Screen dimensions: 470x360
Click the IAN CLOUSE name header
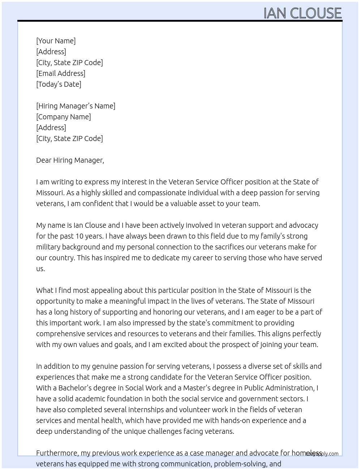click(x=303, y=13)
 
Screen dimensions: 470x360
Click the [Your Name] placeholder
click(x=56, y=41)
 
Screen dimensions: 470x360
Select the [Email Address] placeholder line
click(x=61, y=73)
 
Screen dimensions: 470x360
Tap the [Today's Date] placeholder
click(x=59, y=84)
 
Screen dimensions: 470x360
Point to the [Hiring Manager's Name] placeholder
click(x=76, y=106)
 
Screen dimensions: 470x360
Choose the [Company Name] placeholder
click(x=63, y=117)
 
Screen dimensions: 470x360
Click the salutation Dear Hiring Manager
click(x=70, y=160)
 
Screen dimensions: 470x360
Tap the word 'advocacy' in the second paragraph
click(x=304, y=225)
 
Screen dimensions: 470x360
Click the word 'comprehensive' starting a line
click(x=61, y=334)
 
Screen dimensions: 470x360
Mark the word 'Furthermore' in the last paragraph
click(x=57, y=453)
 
